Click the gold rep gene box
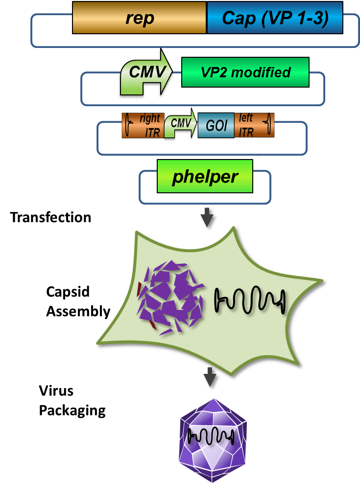(140, 18)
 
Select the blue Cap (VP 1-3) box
(275, 18)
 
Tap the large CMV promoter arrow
(145, 73)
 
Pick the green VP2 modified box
(245, 72)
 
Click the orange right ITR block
(143, 125)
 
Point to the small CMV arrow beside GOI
(180, 125)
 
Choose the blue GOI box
(216, 125)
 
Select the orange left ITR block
(254, 125)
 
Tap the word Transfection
(50, 217)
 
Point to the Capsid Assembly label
(78, 301)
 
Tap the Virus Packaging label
(72, 400)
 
